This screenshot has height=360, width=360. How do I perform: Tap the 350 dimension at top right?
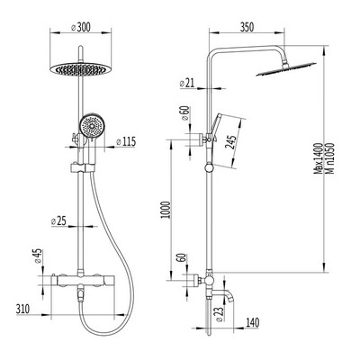[247, 27]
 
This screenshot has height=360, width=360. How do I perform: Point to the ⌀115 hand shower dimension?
[126, 141]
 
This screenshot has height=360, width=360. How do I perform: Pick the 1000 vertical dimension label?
[166, 210]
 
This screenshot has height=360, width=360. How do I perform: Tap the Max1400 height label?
[318, 158]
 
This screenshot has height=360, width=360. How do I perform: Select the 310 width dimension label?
[22, 309]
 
